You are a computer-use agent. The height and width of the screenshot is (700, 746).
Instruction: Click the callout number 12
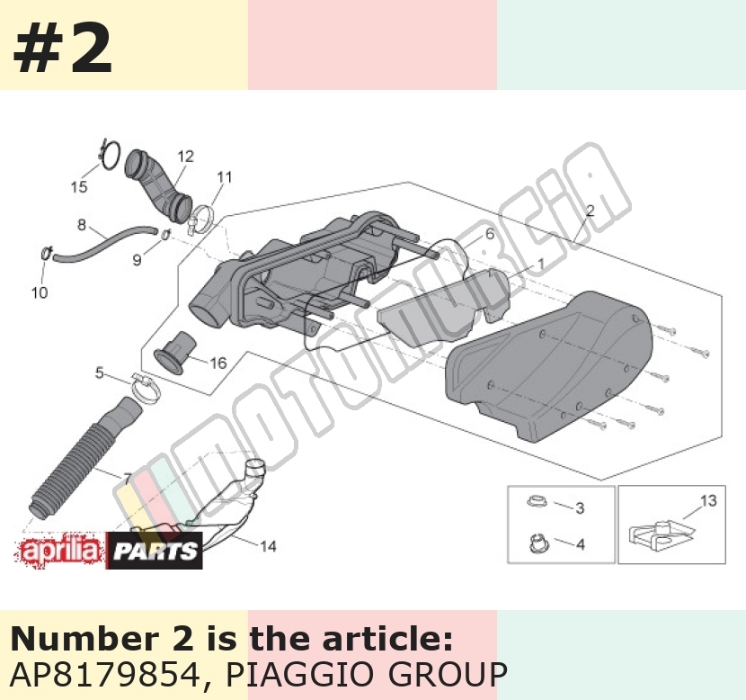tap(186, 157)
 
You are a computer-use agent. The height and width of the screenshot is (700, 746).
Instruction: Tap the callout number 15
tap(79, 186)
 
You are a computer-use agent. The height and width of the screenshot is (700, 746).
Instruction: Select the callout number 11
tap(225, 177)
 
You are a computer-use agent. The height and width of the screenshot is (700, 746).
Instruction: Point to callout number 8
tap(82, 224)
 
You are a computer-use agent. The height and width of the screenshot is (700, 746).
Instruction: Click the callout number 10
tap(40, 292)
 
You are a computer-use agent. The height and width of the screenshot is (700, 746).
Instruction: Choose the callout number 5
tap(99, 372)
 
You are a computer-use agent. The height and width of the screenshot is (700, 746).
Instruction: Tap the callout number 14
tap(269, 546)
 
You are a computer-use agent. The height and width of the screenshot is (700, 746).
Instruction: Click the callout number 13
tap(708, 500)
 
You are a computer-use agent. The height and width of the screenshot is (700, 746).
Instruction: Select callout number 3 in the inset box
tap(580, 508)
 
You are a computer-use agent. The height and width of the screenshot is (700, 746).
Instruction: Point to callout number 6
tap(490, 234)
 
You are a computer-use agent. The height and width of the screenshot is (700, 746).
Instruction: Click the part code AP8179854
tap(105, 674)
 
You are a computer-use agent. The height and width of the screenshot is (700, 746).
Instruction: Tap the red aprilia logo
tap(60, 552)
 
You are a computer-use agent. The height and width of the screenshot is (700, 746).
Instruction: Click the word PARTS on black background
tap(155, 551)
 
